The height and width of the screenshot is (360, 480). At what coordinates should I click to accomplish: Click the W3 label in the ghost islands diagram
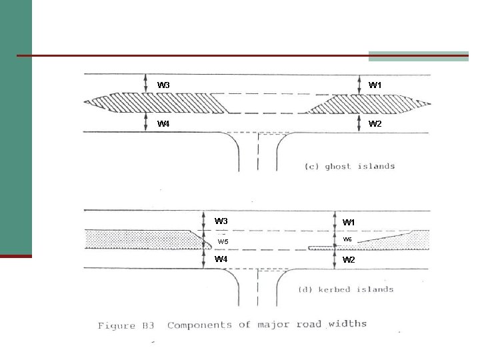click(x=163, y=85)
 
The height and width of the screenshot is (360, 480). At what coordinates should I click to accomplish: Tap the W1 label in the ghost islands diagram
click(x=375, y=85)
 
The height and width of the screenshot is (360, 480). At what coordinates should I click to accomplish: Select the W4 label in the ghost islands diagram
click(x=163, y=124)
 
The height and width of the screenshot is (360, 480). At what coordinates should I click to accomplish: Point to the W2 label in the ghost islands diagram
click(x=375, y=124)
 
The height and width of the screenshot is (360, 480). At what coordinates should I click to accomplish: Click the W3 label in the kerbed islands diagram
click(x=221, y=221)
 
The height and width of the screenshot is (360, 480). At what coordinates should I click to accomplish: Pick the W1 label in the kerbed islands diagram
click(x=349, y=223)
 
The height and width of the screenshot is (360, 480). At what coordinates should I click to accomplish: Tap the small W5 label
click(x=223, y=241)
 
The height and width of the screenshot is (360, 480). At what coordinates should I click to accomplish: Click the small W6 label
click(x=347, y=239)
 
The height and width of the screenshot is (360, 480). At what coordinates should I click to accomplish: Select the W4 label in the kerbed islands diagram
click(x=221, y=259)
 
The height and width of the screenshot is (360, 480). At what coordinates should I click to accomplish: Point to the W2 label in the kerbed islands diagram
click(x=349, y=259)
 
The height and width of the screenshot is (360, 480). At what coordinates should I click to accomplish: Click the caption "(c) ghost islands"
click(x=349, y=166)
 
